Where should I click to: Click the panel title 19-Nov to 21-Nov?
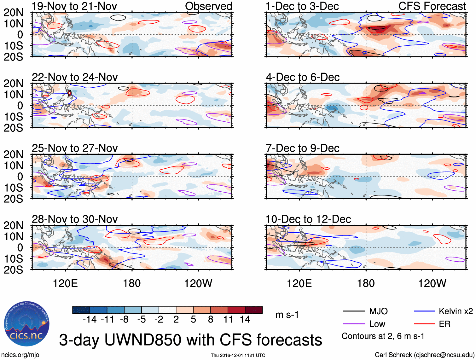(74, 6)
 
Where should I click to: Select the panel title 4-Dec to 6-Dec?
(303, 77)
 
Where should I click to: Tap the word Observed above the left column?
(208, 6)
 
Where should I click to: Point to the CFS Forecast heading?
(432, 6)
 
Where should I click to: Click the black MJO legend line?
(354, 311)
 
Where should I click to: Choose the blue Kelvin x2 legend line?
(424, 311)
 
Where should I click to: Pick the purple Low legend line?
(354, 324)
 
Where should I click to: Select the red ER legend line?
(424, 324)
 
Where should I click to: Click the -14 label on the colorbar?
(90, 320)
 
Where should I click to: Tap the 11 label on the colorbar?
(228, 320)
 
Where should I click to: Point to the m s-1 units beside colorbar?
(287, 315)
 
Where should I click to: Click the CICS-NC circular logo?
(27, 324)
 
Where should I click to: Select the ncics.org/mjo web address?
(20, 355)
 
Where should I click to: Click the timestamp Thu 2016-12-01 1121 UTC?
(238, 355)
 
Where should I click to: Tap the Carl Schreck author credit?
(424, 355)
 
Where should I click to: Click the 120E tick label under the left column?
(65, 283)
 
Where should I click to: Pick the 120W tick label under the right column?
(432, 283)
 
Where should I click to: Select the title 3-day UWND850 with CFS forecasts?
(190, 340)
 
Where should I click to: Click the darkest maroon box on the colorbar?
(254, 310)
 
